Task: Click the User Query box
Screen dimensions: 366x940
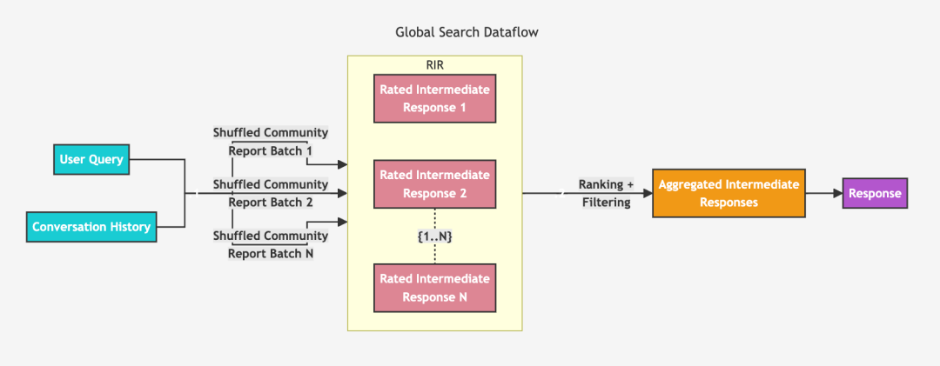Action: click(91, 159)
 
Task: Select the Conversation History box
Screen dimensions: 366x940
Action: click(91, 227)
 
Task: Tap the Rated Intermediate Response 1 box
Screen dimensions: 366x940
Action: click(434, 98)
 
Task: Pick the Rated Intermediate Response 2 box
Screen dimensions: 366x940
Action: click(434, 184)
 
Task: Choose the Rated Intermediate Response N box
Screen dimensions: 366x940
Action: click(434, 288)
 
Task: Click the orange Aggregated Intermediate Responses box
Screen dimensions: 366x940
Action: click(729, 193)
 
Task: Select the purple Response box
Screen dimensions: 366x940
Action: click(875, 193)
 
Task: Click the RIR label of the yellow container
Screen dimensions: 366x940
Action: click(435, 64)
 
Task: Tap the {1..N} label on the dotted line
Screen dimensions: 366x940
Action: click(435, 236)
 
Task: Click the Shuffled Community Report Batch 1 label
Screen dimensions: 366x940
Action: click(271, 141)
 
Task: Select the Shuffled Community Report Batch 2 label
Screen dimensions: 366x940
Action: click(271, 193)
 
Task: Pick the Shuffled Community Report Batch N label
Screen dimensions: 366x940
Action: click(271, 244)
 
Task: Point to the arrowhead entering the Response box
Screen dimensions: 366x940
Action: click(836, 193)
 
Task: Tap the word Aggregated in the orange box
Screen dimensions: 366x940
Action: click(690, 184)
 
